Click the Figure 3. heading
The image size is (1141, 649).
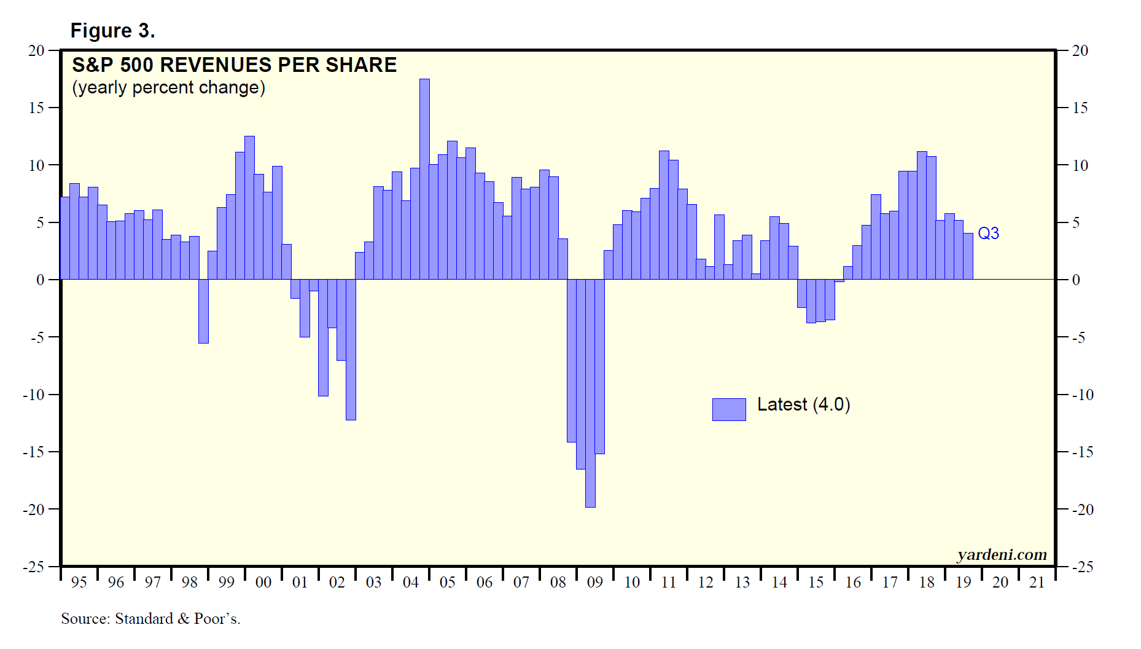(x=112, y=31)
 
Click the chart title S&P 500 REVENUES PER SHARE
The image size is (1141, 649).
(x=234, y=65)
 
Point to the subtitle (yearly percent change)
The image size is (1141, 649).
(x=168, y=88)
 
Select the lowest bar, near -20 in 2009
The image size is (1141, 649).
(x=590, y=393)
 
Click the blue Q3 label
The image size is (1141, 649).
(x=988, y=234)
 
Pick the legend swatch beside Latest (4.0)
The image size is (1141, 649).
(x=729, y=409)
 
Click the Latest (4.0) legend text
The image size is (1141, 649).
(x=803, y=404)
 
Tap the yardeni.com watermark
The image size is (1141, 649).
(x=1002, y=555)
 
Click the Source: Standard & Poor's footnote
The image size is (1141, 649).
(x=150, y=619)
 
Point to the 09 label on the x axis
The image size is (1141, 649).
(x=595, y=582)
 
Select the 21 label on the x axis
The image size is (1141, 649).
(x=1037, y=582)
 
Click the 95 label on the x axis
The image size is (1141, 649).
(x=79, y=582)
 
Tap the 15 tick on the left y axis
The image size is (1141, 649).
(x=36, y=108)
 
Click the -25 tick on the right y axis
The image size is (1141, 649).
(x=1083, y=567)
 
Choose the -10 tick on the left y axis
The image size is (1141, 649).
(x=34, y=395)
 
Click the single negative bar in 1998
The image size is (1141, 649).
(x=203, y=311)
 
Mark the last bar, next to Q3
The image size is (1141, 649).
(x=968, y=256)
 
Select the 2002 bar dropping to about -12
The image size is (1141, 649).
(x=351, y=350)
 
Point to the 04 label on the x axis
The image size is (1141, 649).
(x=411, y=582)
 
